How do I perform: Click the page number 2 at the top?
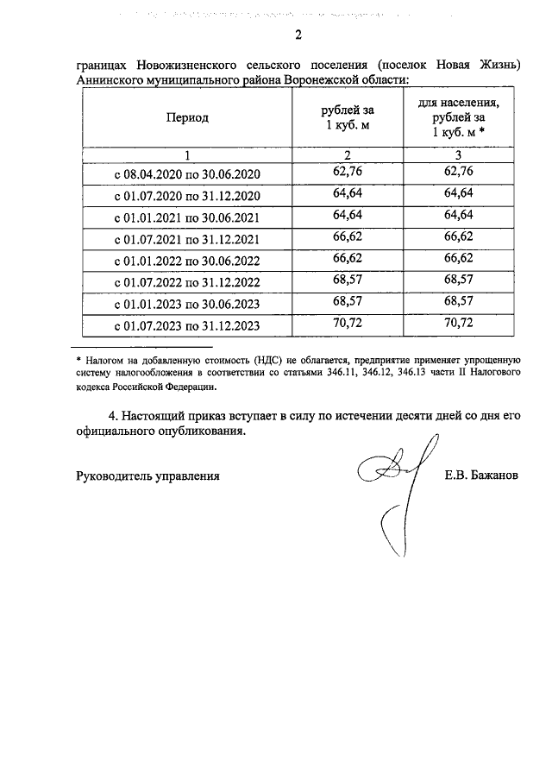(x=298, y=35)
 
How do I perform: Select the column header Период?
(x=187, y=118)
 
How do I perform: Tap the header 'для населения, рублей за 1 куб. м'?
(x=458, y=117)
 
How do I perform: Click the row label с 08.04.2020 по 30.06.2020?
(x=187, y=174)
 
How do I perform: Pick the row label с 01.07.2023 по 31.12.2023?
(x=187, y=326)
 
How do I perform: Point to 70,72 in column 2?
(x=347, y=324)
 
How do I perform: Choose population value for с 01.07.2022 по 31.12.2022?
(x=458, y=280)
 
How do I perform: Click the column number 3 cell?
(x=458, y=154)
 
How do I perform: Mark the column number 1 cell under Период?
(x=187, y=154)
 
